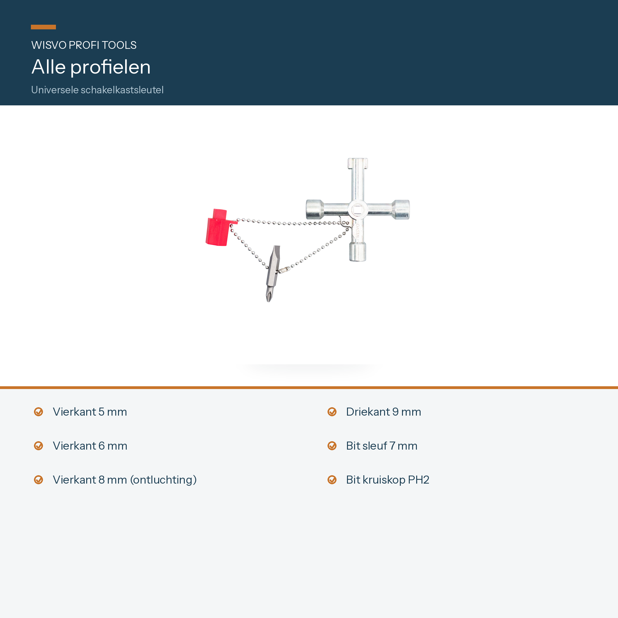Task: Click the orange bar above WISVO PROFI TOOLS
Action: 43,27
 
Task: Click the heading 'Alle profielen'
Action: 91,67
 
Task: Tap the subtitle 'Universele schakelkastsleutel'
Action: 97,90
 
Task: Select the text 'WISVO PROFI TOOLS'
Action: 84,45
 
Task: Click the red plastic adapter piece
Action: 218,227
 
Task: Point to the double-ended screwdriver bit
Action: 273,273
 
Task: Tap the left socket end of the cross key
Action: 315,210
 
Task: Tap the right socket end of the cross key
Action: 401,210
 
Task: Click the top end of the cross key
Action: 358,163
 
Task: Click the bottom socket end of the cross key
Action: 358,252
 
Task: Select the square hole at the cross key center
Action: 357,210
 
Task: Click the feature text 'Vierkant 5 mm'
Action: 90,412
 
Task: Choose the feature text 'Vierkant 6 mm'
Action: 90,446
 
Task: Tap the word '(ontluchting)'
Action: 163,480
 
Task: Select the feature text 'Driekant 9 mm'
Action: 383,412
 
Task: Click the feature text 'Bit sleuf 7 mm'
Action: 382,446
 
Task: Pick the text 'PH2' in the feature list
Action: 418,480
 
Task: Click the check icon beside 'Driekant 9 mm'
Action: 332,412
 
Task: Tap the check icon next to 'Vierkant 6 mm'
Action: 38,446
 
